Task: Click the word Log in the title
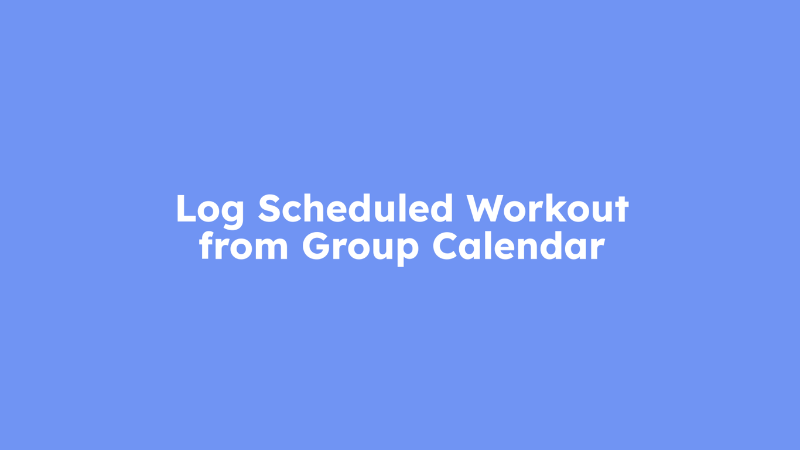(210, 209)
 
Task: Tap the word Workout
(548, 209)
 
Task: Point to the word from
(243, 247)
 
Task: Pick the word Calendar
(518, 247)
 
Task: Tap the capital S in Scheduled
(269, 209)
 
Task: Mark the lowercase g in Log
(233, 213)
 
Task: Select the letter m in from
(271, 250)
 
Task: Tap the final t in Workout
(621, 210)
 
